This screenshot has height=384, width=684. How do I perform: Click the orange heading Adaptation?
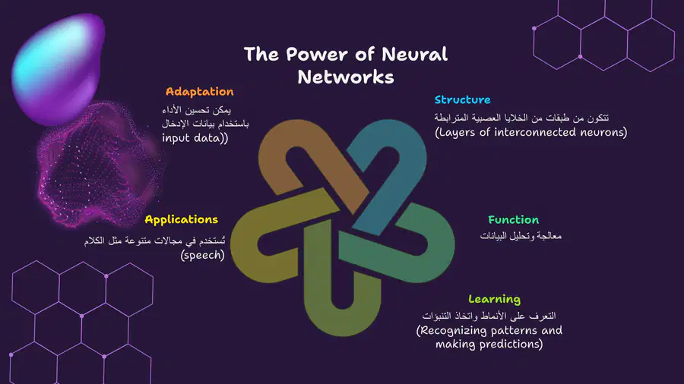pos(199,92)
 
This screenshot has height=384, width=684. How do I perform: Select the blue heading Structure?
pos(462,99)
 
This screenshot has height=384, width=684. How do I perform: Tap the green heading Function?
pos(514,220)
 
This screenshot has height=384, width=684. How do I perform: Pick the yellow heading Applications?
pos(181,220)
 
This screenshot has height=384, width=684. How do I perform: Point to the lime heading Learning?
pos(494,300)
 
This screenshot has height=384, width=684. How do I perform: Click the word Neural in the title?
pos(414,55)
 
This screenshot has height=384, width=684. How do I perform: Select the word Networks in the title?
pos(346,77)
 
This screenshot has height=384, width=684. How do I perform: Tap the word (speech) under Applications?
pos(202,255)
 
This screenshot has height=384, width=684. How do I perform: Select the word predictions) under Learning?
pos(511,344)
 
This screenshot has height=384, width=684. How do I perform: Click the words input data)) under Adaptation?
pos(195,138)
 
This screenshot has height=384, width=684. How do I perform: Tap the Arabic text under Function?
pos(521,236)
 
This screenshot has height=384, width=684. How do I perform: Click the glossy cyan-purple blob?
pos(59,68)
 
